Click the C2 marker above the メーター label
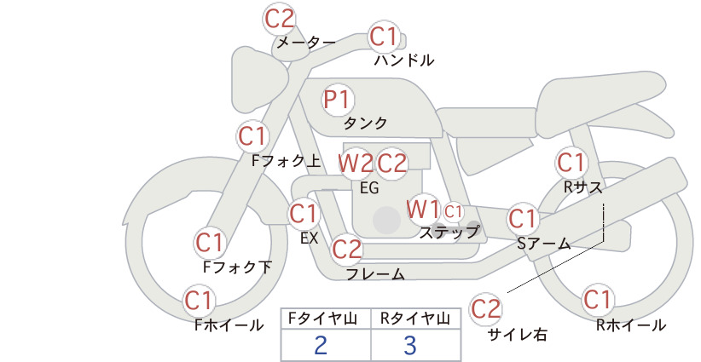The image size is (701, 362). tap(280, 19)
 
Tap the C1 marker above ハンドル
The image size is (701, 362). tap(384, 37)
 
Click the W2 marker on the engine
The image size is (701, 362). tap(356, 164)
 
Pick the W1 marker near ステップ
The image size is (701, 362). tap(422, 209)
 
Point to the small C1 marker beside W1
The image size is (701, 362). tap(454, 211)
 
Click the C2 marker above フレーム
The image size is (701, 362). tap(346, 249)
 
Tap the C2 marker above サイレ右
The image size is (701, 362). tap(485, 308)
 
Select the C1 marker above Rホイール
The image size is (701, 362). tap(597, 300)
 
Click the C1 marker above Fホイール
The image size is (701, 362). tap(199, 301)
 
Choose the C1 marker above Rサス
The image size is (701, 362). tap(571, 163)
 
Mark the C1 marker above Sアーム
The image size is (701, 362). tap(522, 219)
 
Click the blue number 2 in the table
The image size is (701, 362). tap(321, 345)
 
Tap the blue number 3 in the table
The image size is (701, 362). tap(410, 345)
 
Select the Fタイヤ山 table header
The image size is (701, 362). tap(322, 319)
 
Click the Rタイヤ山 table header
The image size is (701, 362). tap(415, 319)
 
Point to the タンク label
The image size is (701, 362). tap(365, 123)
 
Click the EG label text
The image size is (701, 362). tap(369, 188)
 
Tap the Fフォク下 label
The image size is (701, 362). tap(237, 267)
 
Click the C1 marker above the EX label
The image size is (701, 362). tap(304, 214)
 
